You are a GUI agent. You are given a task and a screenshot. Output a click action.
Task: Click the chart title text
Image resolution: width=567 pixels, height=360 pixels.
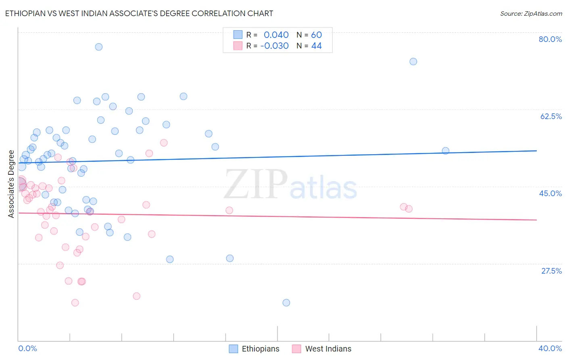[139, 13]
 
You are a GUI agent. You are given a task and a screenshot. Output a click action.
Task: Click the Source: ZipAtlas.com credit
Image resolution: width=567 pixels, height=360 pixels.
[531, 13]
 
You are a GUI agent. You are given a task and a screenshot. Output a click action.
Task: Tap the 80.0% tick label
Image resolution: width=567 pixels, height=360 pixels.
[550, 39]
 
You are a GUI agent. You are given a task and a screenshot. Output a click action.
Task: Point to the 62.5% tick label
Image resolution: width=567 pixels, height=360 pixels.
[551, 116]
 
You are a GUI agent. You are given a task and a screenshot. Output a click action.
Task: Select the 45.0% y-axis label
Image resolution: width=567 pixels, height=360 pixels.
[550, 193]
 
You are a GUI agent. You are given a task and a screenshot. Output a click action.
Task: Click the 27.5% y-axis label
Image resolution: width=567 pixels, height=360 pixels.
[551, 271]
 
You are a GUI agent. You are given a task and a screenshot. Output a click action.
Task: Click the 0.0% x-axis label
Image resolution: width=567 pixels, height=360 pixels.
[27, 348]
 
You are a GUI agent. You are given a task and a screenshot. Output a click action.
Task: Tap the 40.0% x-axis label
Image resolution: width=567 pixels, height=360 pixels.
[550, 348]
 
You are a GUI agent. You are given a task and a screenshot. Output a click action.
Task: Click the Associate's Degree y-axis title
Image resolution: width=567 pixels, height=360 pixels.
[11, 184]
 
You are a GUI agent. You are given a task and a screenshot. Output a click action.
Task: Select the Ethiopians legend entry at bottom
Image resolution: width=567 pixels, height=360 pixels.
[254, 349]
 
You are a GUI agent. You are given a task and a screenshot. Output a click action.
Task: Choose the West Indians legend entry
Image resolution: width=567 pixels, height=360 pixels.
[322, 349]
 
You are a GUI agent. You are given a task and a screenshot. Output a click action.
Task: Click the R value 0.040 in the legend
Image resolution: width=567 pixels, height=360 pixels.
[276, 35]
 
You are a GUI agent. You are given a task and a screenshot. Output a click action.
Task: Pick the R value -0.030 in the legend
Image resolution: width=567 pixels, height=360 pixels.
[275, 46]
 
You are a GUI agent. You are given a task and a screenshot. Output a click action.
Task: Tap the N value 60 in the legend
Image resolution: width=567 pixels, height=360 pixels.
[317, 35]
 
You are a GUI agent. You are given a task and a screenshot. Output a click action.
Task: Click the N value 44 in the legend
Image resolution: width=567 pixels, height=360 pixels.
[317, 46]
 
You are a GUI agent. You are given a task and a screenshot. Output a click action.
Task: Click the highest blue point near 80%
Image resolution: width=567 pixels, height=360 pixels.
[99, 47]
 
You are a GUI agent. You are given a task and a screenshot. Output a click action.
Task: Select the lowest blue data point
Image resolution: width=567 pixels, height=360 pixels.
[286, 303]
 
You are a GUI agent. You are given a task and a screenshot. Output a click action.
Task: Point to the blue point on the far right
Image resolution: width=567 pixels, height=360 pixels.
[446, 151]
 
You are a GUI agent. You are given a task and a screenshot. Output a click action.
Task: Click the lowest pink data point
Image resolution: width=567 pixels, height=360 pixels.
[75, 303]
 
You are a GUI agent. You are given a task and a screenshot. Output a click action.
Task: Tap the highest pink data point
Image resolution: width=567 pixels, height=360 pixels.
[164, 142]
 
